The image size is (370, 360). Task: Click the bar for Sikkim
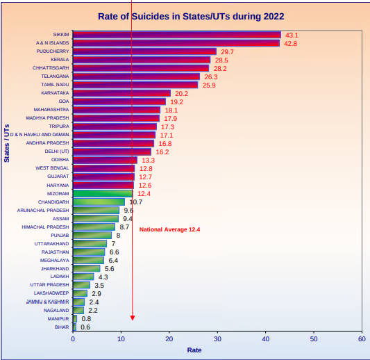click(177, 35)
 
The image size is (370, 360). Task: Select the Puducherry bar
click(144, 51)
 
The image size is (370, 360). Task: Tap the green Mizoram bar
click(103, 193)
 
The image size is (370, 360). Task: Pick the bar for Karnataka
click(121, 93)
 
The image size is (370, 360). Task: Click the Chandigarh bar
click(99, 202)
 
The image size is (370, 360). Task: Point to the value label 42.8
click(290, 44)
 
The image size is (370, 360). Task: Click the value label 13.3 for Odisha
click(148, 161)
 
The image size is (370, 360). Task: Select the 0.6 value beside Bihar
click(85, 327)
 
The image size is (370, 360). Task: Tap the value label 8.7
click(124, 227)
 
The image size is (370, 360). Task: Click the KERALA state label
click(60, 60)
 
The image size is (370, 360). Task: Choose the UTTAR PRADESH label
click(49, 285)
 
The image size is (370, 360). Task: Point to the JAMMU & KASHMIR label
click(48, 302)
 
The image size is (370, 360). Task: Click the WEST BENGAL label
click(52, 168)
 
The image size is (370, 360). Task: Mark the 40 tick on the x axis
click(265, 339)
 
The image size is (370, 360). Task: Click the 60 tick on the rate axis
click(362, 339)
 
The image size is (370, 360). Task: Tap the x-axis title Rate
click(194, 350)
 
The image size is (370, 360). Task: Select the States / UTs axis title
click(7, 143)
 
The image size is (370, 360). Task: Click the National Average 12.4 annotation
click(169, 229)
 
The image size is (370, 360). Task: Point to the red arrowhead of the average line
click(133, 318)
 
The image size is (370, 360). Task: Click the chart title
click(191, 16)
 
